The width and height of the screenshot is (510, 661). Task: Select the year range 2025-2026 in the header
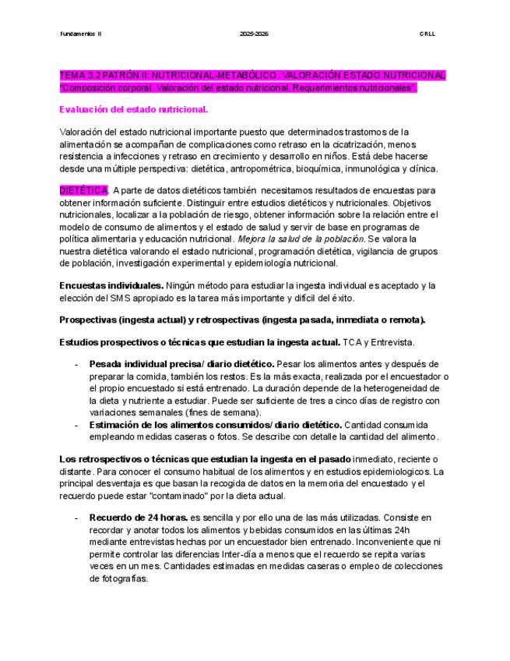pos(255,34)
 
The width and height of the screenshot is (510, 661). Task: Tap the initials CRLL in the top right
pos(428,34)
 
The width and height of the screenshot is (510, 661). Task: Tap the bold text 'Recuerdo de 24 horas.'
pos(139,517)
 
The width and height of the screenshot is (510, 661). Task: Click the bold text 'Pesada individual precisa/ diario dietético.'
pos(182,363)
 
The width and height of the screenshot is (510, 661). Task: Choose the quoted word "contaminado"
pos(241,496)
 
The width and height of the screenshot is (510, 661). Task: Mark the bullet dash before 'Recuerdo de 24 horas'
pos(76,517)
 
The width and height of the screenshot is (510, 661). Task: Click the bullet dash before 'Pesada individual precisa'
pos(76,363)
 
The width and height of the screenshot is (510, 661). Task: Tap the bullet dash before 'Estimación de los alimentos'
pos(76,425)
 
